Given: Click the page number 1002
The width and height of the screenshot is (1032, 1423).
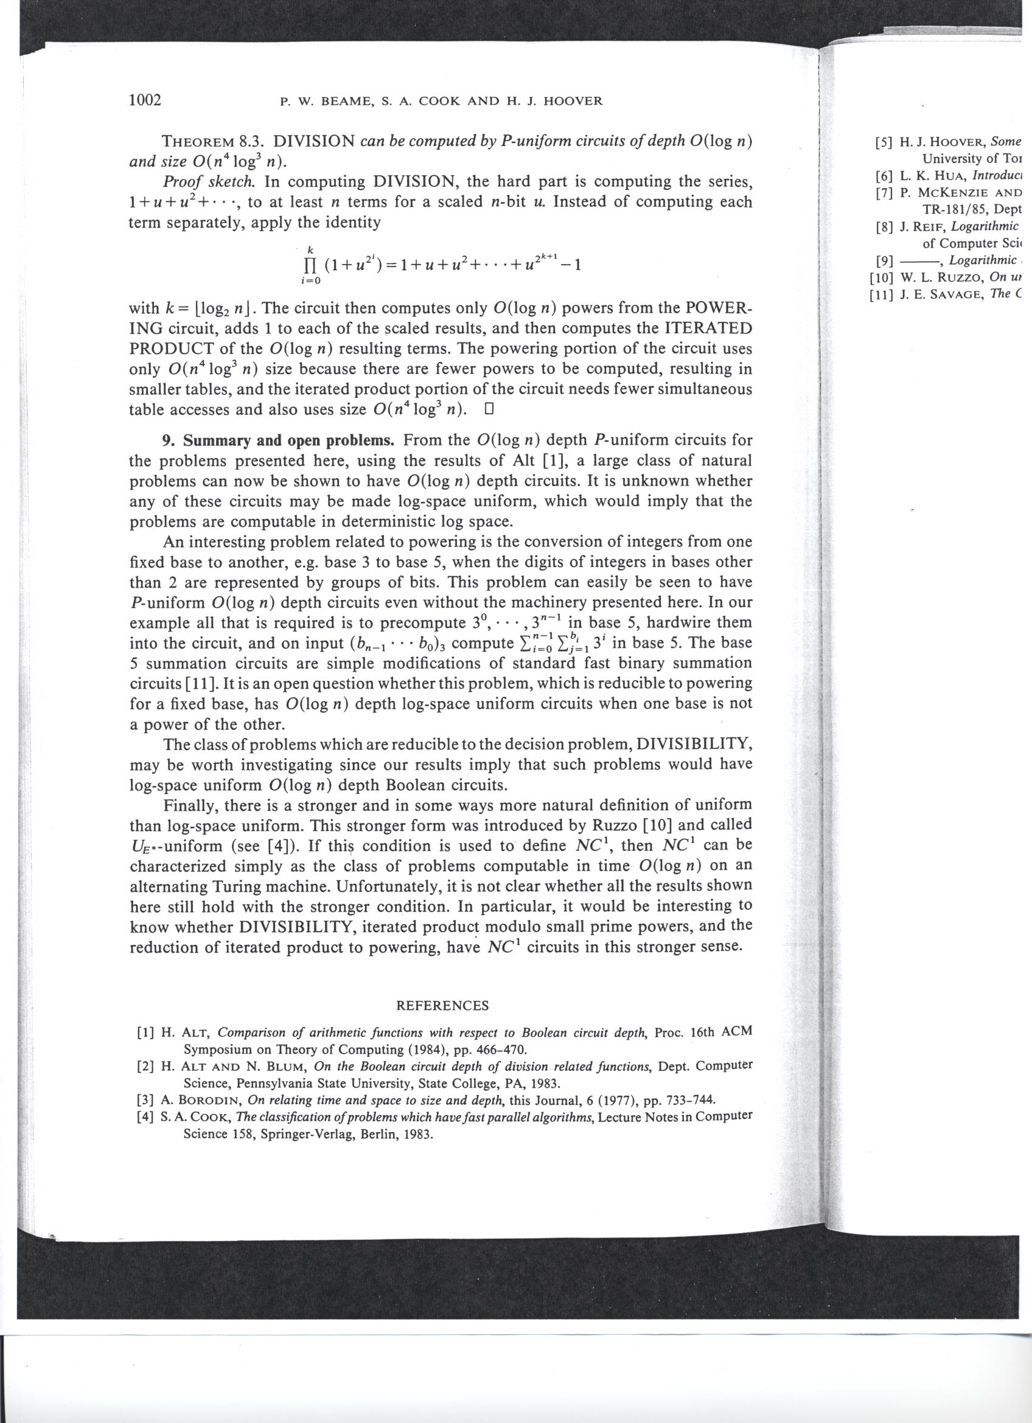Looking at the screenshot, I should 145,100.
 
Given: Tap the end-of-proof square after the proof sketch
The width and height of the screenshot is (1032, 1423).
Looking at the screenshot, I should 490,409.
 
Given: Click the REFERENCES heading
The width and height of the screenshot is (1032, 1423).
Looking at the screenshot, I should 442,1005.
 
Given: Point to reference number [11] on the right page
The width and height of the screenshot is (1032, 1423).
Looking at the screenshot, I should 882,294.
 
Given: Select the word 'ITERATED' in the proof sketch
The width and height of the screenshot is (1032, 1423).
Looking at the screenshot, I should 708,328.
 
